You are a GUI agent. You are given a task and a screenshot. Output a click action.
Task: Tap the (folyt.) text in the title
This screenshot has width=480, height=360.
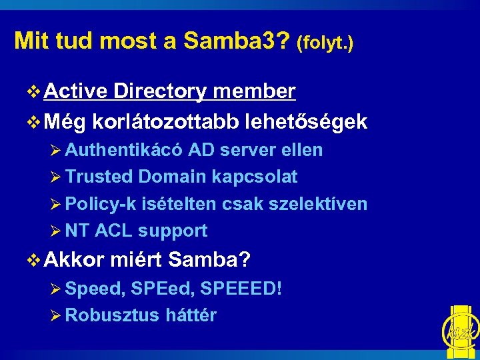click(325, 43)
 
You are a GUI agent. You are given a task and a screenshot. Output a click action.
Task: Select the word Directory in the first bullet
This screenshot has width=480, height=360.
click(160, 91)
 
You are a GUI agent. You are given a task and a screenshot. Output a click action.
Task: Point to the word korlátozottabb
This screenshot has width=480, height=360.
click(167, 121)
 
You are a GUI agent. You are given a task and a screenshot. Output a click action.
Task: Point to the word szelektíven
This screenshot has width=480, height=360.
click(317, 204)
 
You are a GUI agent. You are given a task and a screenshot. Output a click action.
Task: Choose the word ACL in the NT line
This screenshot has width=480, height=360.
click(114, 231)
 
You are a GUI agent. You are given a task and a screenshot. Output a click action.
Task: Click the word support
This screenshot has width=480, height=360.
click(173, 231)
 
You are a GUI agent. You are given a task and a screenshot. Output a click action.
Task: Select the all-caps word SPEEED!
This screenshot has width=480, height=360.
click(242, 289)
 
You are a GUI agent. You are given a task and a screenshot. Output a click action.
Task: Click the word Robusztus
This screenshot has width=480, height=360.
click(112, 315)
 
